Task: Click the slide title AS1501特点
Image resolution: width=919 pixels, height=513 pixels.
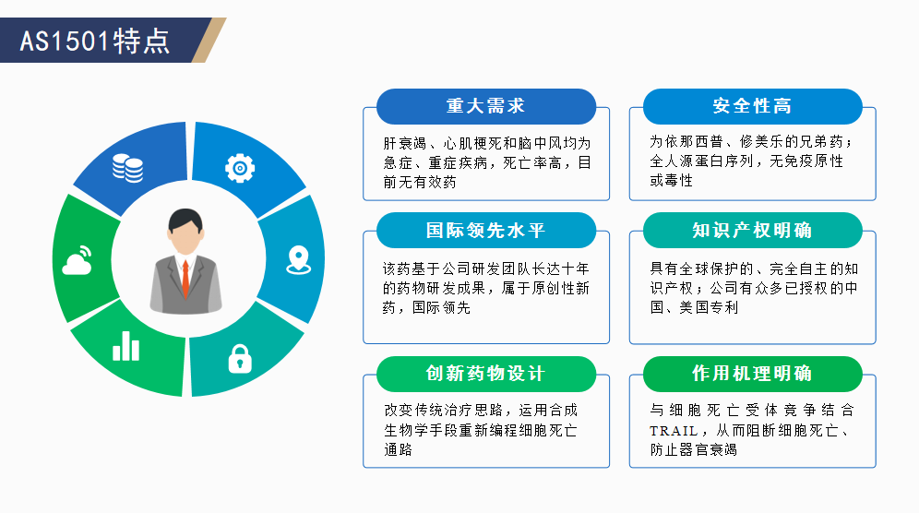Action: (95, 41)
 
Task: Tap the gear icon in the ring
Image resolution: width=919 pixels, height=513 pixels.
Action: (240, 168)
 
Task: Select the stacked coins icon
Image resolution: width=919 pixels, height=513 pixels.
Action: (127, 168)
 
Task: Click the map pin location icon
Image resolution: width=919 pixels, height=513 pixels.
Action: (298, 259)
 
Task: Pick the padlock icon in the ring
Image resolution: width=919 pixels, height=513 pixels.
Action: (240, 359)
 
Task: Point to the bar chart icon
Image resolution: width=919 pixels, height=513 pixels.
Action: (126, 346)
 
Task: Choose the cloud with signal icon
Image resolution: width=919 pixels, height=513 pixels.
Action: (78, 260)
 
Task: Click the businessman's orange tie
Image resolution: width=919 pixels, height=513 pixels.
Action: (185, 278)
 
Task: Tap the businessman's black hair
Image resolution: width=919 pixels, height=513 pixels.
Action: (185, 220)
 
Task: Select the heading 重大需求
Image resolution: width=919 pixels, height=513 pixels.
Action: (486, 106)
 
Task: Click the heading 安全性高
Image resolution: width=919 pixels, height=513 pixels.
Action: (753, 106)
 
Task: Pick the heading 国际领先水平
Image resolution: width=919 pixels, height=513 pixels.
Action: (486, 231)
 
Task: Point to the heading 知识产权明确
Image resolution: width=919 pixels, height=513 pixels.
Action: (753, 231)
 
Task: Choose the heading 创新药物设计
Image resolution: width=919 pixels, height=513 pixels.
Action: (486, 374)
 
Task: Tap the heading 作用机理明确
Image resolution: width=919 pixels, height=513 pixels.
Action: (753, 374)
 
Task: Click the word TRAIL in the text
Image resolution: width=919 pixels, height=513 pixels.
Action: (674, 431)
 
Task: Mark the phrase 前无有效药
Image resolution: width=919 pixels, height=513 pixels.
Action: (420, 183)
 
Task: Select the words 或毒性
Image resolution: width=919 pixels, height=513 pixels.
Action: (672, 181)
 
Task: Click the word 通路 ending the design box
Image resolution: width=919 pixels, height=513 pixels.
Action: (399, 450)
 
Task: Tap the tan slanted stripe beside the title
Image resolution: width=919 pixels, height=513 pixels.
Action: (209, 40)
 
